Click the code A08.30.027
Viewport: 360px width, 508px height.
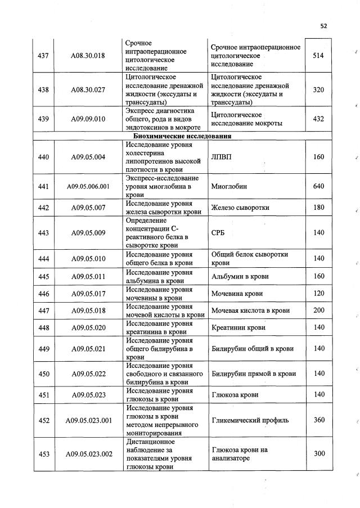(88, 90)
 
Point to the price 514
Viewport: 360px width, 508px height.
(319, 56)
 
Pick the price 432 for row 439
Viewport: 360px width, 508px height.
(319, 119)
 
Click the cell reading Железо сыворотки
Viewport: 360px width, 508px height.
(240, 208)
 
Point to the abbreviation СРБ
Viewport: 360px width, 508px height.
(219, 233)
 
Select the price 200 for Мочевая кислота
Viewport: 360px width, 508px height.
(319, 311)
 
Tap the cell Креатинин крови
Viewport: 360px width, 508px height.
(238, 327)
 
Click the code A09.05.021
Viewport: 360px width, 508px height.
(88, 349)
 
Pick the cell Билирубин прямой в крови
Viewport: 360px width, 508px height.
(254, 374)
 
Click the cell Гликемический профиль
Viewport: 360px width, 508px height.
(250, 420)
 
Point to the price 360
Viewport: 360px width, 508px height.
(319, 420)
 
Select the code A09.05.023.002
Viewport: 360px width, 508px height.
(88, 454)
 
